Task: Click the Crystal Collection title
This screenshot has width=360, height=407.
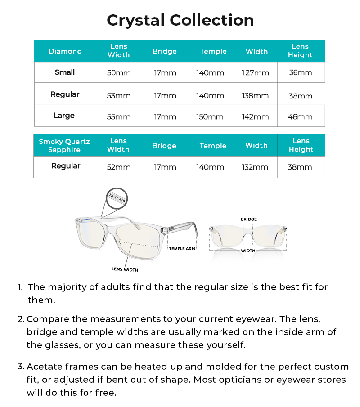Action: (180, 20)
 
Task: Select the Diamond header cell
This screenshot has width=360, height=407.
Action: (65, 51)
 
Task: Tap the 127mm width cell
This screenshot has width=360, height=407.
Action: (256, 72)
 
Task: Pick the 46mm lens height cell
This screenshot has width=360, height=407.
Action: (300, 116)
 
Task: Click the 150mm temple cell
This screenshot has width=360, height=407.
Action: (210, 116)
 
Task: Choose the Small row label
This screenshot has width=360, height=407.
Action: (65, 72)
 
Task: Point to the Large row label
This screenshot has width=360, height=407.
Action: (64, 116)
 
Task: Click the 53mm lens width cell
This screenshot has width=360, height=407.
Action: (119, 95)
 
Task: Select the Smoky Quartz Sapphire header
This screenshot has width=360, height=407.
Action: (64, 146)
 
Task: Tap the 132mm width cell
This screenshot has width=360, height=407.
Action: (256, 167)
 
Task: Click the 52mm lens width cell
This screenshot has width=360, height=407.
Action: (119, 167)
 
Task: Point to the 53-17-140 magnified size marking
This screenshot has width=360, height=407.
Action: (117, 198)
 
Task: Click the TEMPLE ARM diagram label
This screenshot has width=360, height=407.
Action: (182, 249)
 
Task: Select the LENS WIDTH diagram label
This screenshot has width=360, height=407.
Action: (125, 269)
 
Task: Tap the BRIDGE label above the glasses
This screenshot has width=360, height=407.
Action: (249, 219)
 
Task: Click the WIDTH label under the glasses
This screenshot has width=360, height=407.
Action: (248, 250)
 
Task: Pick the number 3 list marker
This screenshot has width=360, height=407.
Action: (20, 367)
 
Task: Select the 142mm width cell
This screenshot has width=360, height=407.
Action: (256, 116)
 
